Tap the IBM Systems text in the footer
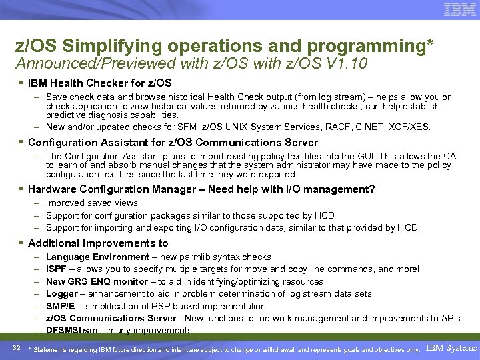(451, 348)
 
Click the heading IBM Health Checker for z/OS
(99, 83)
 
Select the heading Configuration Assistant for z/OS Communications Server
(173, 142)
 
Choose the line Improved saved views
(93, 203)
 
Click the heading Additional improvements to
(98, 243)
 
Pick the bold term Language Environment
(97, 257)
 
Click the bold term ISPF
(57, 269)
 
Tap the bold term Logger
(62, 294)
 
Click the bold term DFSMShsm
(73, 331)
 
